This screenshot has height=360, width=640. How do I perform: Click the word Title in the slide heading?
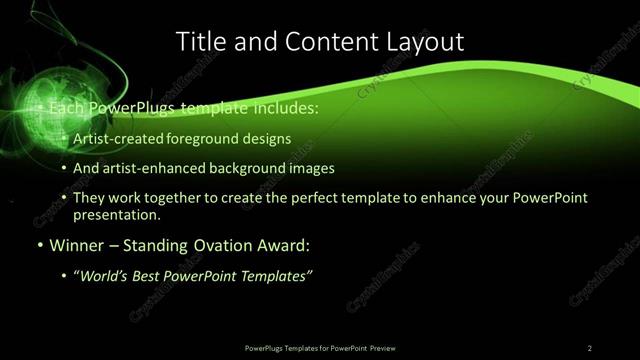199,41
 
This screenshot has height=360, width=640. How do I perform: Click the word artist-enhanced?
151,168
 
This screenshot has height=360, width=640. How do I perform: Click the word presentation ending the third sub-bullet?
115,214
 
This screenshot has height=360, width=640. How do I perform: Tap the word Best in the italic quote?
153,275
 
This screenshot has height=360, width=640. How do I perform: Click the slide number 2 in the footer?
589,347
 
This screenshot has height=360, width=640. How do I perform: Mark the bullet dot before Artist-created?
65,140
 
